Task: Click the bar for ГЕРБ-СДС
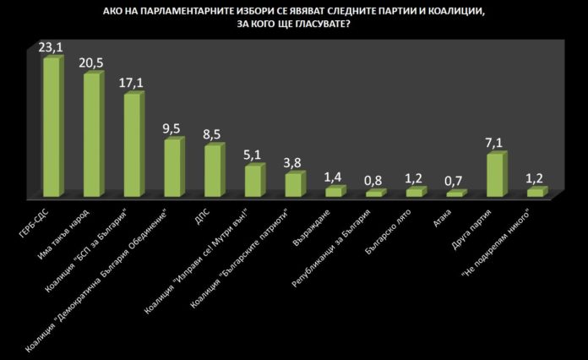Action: point(52,127)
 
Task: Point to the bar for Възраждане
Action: point(335,193)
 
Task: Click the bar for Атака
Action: point(455,194)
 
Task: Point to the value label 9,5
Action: point(173,129)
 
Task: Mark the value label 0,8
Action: point(374,180)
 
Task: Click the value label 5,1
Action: point(253,155)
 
